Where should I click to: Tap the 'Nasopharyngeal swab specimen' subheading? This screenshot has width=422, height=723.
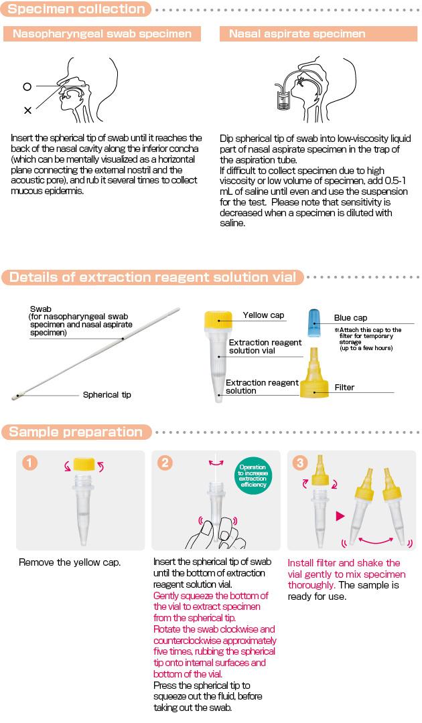[x=102, y=33]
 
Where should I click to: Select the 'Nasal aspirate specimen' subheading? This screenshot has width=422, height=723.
[x=297, y=33]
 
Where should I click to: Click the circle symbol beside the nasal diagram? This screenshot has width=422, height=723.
[x=27, y=86]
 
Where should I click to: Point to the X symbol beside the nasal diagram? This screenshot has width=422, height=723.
[x=27, y=110]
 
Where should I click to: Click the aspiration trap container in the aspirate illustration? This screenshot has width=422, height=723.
[x=282, y=100]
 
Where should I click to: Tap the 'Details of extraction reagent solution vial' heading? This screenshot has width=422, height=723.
[x=153, y=277]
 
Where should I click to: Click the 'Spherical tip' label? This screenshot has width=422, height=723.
[x=107, y=395]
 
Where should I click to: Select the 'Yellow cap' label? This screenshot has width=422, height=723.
[x=263, y=315]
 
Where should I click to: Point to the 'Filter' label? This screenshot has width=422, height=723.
[x=344, y=388]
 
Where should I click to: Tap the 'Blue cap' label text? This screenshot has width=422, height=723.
[x=350, y=318]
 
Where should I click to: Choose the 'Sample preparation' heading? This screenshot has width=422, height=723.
[x=76, y=432]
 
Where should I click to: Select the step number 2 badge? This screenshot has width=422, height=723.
[x=164, y=462]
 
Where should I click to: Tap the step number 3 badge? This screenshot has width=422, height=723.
[x=299, y=462]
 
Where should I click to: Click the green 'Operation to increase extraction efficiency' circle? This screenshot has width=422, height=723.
[x=253, y=475]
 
